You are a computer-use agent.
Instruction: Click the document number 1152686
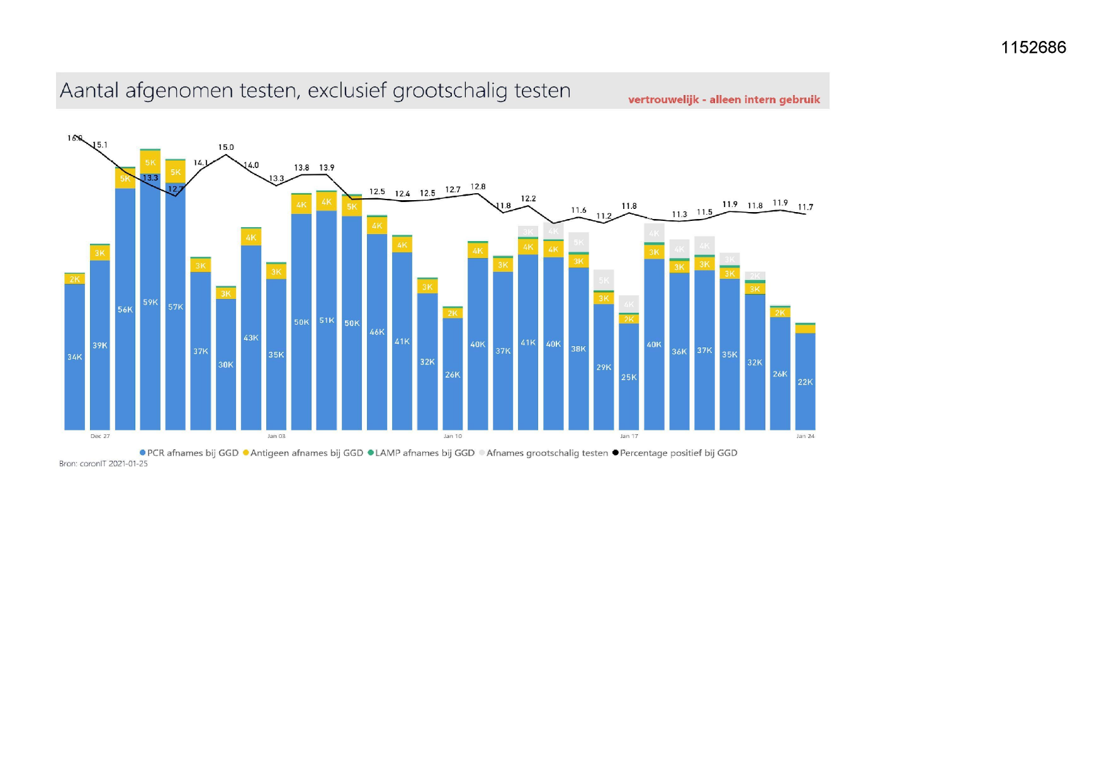tap(1034, 48)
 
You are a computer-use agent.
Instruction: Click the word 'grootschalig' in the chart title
tap(450, 91)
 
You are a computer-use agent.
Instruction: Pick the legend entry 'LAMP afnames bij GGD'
tap(421, 453)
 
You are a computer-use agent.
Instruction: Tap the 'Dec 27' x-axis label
tap(100, 436)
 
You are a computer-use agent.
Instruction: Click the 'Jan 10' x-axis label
tap(453, 436)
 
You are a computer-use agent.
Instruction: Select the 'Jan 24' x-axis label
tap(805, 436)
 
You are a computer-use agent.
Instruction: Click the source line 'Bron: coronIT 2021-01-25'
tap(103, 464)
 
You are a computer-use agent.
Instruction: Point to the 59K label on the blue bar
tap(150, 303)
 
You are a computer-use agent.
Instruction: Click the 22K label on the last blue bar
tap(805, 382)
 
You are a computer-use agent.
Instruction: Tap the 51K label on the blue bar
tap(327, 320)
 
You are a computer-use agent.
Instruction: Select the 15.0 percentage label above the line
tap(226, 147)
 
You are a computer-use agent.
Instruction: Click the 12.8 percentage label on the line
tap(478, 187)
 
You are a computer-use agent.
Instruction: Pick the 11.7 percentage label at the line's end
tap(805, 207)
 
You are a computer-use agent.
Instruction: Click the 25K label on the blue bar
tap(629, 378)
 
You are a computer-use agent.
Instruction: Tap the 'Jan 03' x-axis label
tap(276, 436)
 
